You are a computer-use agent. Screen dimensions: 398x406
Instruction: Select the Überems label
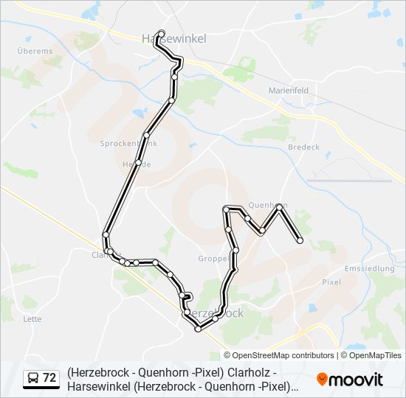(35, 51)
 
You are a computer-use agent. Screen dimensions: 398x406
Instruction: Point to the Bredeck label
(304, 147)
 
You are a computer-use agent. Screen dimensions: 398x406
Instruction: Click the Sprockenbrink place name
(128, 144)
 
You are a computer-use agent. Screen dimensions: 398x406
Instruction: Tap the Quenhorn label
(267, 205)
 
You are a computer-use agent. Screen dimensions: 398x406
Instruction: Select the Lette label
(32, 319)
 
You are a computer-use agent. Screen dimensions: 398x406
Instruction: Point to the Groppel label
(212, 259)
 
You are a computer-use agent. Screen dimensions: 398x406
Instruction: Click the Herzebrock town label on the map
(215, 313)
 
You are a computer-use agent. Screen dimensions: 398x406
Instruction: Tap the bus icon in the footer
(33, 378)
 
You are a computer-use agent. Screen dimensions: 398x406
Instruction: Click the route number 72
(49, 378)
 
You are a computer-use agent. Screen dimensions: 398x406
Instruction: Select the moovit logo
(350, 379)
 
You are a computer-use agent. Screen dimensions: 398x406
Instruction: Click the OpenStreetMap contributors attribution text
(283, 355)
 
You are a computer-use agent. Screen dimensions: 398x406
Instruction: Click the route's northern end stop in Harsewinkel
(161, 32)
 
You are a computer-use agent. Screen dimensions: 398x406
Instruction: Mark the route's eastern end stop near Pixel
(300, 240)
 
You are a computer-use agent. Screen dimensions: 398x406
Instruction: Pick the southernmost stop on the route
(198, 329)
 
